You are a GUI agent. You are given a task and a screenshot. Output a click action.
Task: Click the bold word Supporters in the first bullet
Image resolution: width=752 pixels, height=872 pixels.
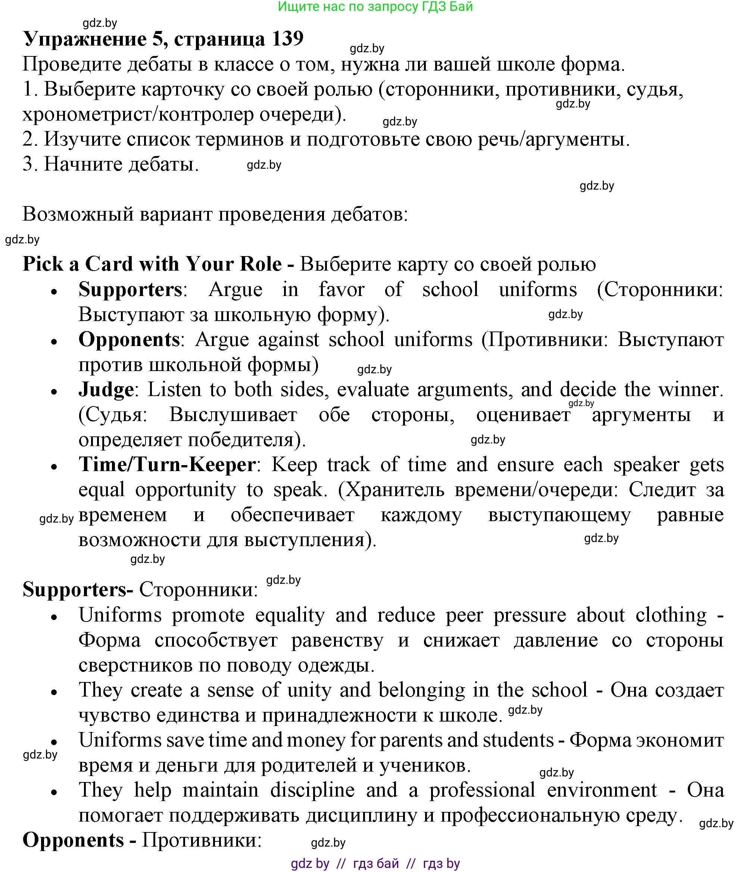pos(130,290)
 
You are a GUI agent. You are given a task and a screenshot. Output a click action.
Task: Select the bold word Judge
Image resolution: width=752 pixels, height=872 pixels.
pos(106,389)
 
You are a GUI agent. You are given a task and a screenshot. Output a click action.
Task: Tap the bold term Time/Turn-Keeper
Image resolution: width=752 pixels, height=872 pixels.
pos(167,465)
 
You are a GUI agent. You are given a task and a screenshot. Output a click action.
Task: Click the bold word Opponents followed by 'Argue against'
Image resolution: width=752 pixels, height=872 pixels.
pos(129,340)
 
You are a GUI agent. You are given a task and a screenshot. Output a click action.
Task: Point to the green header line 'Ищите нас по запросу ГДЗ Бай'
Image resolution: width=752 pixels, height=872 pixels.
pos(375,7)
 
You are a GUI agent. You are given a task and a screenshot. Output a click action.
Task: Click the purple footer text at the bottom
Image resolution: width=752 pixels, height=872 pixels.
pos(375,863)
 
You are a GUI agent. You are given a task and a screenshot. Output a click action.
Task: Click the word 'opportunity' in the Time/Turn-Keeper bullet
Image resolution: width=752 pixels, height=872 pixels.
pos(185,489)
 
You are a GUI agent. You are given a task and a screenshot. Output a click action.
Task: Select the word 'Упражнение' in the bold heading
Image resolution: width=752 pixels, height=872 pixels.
pos(84,39)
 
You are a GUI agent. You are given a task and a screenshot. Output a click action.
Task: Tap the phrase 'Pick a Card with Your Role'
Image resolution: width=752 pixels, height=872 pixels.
pos(152,264)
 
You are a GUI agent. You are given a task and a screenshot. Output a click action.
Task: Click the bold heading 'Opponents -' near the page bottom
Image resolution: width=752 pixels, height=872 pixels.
pos(79,840)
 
